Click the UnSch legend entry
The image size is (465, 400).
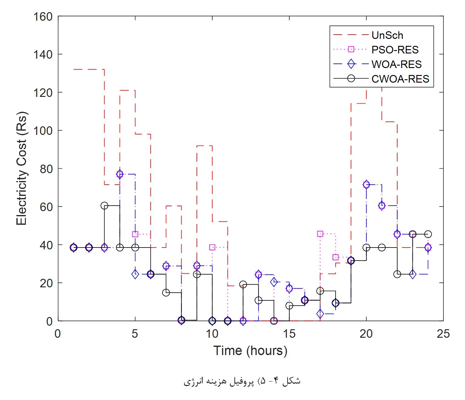click(387, 35)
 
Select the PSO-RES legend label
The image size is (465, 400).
click(395, 50)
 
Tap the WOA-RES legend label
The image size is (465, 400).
click(396, 64)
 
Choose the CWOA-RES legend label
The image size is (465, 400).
click(400, 79)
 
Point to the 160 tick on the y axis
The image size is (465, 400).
click(43, 17)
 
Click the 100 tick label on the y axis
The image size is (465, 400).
click(43, 131)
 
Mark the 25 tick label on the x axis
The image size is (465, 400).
click(443, 334)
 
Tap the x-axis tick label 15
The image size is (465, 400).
click(289, 334)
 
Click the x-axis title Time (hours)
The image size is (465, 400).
click(250, 350)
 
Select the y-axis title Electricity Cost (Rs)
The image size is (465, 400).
click(22, 169)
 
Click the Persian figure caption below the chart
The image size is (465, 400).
click(242, 381)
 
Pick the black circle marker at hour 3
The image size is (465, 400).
click(104, 206)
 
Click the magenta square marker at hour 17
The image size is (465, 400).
click(320, 234)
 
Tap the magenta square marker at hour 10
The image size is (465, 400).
click(212, 247)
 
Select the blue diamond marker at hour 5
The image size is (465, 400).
click(135, 274)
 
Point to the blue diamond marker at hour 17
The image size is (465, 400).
click(320, 314)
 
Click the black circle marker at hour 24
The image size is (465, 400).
click(428, 234)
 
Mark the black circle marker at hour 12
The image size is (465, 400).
click(243, 284)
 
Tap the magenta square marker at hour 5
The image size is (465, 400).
click(135, 234)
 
